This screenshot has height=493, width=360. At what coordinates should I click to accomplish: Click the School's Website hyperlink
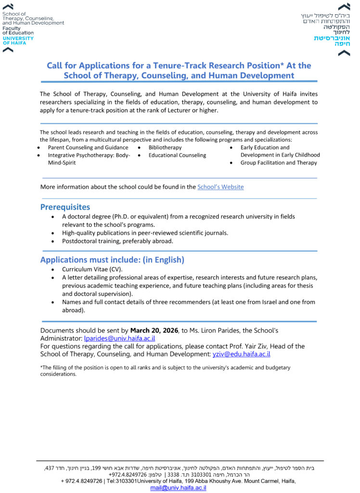(220, 187)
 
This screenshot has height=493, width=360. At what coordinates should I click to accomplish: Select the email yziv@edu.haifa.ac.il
(241, 354)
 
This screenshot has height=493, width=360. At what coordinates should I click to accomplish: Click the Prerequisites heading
(65, 207)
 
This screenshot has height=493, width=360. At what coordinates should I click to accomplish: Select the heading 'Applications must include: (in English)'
(112, 260)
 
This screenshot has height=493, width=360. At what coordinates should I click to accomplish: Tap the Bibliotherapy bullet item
(165, 147)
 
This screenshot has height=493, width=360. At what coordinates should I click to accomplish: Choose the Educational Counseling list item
(177, 155)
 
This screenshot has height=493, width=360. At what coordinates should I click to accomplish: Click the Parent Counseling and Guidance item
(88, 147)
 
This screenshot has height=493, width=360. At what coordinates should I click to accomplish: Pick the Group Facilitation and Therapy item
(279, 163)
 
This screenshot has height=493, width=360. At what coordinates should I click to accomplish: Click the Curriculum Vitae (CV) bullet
(92, 270)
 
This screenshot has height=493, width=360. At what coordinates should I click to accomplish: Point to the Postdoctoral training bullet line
(117, 241)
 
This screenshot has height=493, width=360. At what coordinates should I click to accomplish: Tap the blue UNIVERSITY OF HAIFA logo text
(18, 40)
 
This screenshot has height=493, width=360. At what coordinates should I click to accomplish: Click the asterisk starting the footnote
(41, 367)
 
